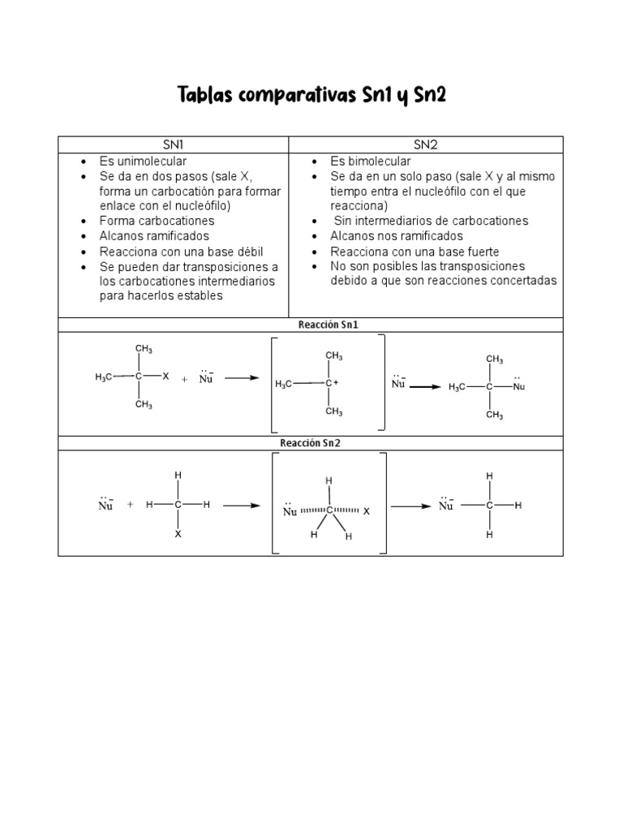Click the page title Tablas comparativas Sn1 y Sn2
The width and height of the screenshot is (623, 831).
[311, 97]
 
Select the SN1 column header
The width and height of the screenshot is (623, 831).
[173, 144]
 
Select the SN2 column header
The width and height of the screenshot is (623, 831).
[425, 144]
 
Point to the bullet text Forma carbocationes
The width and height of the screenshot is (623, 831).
[157, 221]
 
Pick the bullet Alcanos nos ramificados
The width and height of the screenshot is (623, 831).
[397, 236]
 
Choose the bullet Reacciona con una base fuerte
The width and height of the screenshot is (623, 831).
[415, 252]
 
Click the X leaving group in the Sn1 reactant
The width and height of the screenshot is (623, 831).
[165, 377]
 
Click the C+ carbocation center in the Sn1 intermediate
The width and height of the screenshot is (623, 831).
[331, 383]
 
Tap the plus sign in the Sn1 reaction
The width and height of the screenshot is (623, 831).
[184, 379]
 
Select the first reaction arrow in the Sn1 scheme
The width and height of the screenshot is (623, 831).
[241, 378]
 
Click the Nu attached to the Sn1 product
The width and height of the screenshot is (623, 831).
[519, 387]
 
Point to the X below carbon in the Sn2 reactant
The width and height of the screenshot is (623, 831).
[178, 535]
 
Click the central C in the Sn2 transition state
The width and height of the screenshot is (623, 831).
[329, 510]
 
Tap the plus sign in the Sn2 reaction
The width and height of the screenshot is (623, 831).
[130, 505]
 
